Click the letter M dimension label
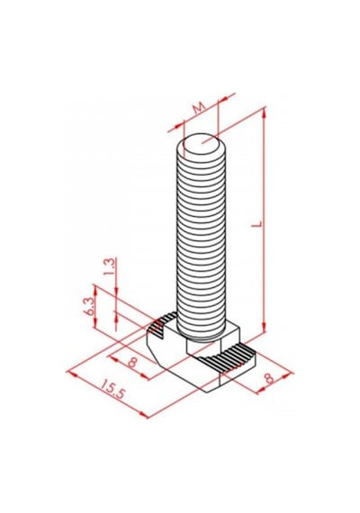pos(199,107)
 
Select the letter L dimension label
pos(258,224)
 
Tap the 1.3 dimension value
pos(110,267)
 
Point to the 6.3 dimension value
pos(90,306)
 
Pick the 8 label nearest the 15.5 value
pos(132,362)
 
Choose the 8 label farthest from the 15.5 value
pos(269,379)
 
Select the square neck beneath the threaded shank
pos(203,347)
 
